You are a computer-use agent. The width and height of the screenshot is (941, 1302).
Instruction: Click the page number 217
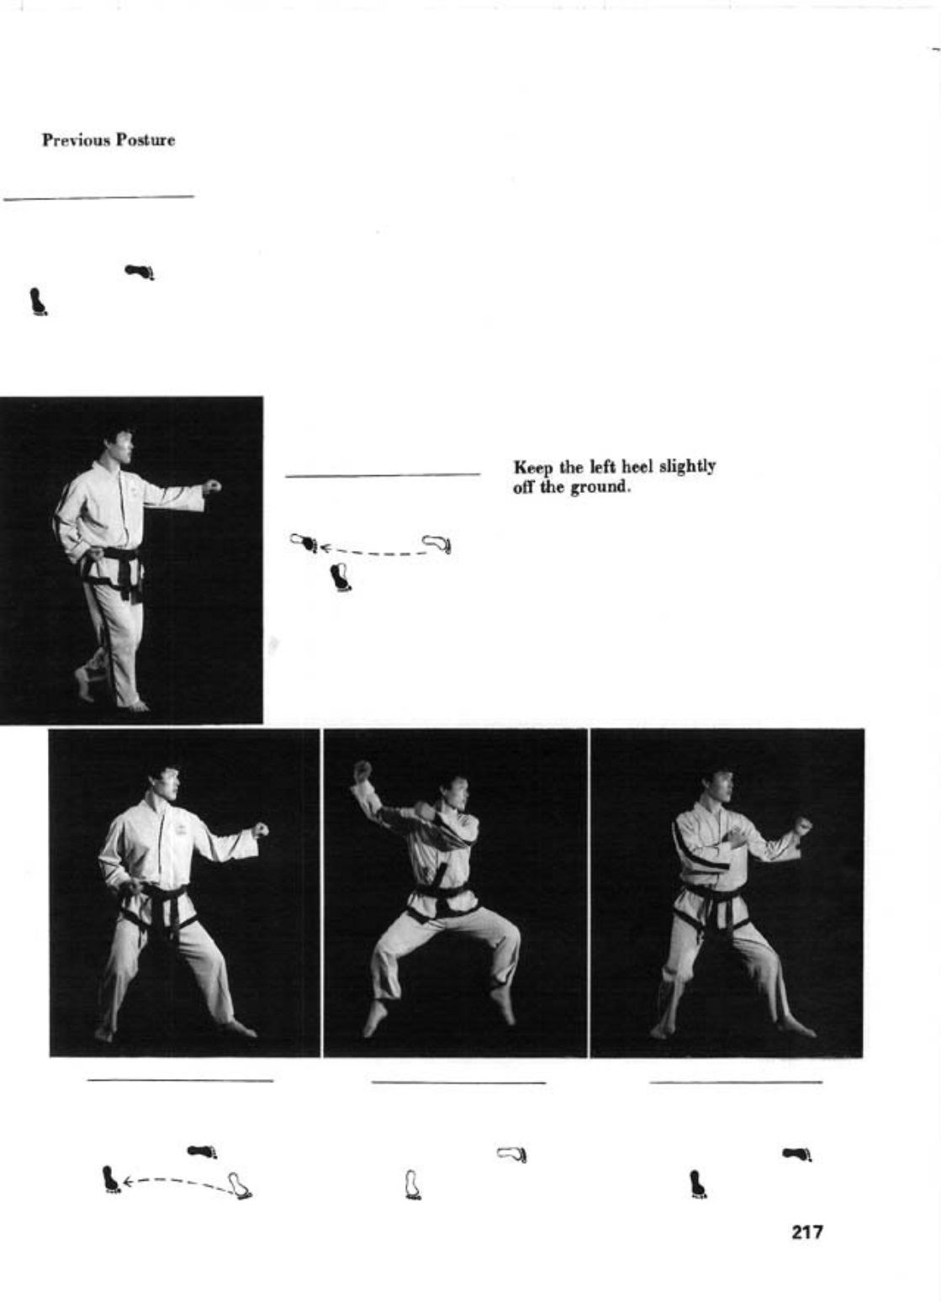(x=807, y=1232)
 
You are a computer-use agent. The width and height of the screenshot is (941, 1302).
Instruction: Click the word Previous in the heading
(x=77, y=140)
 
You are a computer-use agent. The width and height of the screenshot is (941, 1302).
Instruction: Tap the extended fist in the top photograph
(x=212, y=485)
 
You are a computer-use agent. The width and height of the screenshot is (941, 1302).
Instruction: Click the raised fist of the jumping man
(x=362, y=770)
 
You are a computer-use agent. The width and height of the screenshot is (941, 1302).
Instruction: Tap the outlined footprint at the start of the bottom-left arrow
(x=241, y=1187)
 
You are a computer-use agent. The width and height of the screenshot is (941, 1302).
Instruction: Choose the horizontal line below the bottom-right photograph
(x=736, y=1082)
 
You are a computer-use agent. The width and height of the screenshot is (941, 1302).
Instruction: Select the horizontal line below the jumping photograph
(x=458, y=1082)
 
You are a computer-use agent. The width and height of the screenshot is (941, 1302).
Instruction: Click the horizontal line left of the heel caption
(x=383, y=475)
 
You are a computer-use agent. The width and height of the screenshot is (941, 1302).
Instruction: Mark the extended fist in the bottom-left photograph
(x=261, y=829)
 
